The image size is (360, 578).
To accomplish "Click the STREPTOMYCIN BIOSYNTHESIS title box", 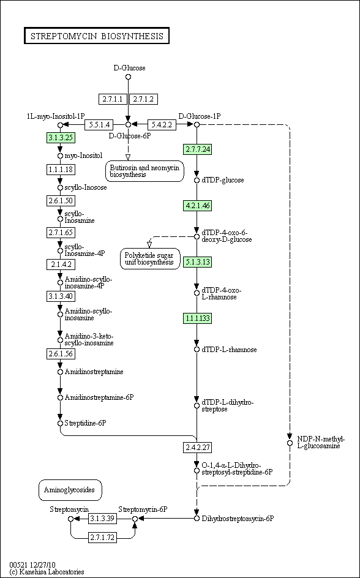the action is [97, 36].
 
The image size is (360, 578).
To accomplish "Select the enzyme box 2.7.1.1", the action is [113, 99].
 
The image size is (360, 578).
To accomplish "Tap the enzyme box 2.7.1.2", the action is [144, 99].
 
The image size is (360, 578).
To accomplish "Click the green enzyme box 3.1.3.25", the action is [61, 138].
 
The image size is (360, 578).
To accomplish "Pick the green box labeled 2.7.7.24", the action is [197, 149].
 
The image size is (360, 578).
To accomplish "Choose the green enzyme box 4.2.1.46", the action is [197, 206].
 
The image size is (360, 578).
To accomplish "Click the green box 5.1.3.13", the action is [197, 261].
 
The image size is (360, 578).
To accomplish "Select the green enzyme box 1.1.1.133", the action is [197, 318].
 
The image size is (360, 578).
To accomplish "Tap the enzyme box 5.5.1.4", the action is [99, 124].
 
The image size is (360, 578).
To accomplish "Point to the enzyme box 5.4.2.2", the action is [162, 124].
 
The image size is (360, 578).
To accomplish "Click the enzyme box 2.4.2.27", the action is [197, 448].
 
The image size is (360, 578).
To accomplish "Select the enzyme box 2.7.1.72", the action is [102, 538].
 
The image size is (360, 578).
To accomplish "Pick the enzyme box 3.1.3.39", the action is [102, 518].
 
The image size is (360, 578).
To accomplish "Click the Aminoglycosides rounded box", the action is [70, 490].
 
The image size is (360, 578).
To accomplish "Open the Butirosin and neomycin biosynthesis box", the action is [145, 171].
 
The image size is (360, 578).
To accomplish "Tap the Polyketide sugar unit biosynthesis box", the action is [150, 258].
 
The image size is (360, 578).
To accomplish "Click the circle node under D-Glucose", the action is [128, 77].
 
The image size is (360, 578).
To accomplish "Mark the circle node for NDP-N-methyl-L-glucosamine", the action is [290, 442].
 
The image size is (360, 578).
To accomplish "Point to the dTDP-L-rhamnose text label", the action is [229, 350].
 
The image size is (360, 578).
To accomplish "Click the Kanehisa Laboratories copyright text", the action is [47, 572].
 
